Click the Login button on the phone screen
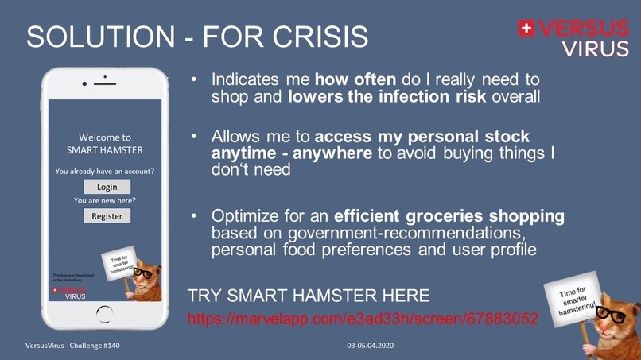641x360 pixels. (x=107, y=187)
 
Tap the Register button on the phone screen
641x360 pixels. (x=107, y=215)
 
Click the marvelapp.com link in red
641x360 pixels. (x=363, y=319)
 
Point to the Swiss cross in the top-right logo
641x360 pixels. (x=526, y=29)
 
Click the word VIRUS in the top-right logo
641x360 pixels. (x=595, y=48)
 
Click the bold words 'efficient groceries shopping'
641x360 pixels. (x=449, y=216)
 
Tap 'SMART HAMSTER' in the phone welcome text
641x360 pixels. (x=105, y=151)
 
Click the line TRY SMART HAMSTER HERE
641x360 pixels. (x=309, y=296)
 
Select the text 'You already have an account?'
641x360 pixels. (x=105, y=171)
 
